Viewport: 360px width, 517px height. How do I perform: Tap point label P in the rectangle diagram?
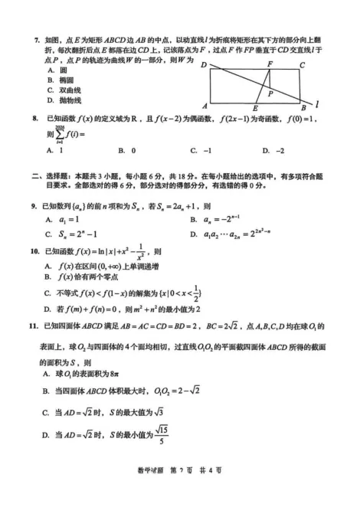point(270,93)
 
